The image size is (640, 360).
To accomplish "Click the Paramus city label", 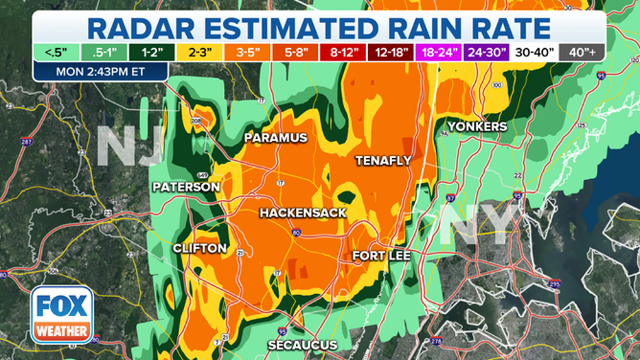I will (275, 138).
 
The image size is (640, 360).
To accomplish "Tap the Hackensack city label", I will (303, 214).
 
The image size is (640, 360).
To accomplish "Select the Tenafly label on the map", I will (383, 161).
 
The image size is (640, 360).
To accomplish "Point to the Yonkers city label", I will (477, 126).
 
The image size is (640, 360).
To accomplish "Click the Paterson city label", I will (186, 187).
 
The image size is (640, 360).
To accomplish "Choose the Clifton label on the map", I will (199, 248).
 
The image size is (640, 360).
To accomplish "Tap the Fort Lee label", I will (382, 256).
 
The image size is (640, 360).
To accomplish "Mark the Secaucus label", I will (302, 345).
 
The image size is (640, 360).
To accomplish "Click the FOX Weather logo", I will (62, 315).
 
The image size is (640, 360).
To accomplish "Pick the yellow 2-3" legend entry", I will (196, 52).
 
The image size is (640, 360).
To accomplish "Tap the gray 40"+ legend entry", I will (582, 52).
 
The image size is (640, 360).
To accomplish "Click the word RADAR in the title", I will (146, 27).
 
